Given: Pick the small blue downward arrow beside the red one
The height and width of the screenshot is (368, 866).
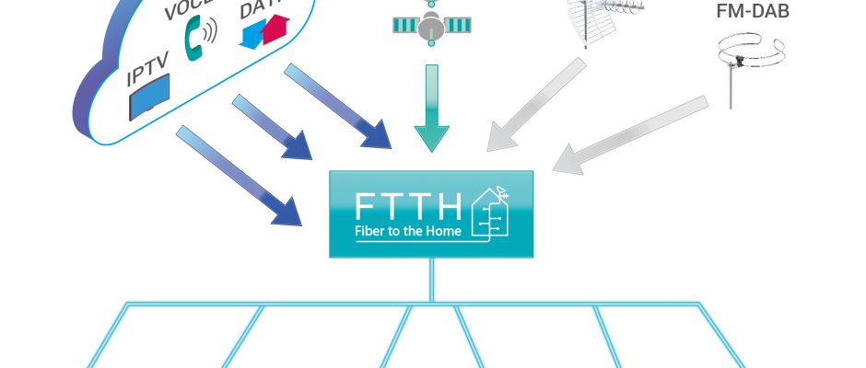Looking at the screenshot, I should pos(252,35).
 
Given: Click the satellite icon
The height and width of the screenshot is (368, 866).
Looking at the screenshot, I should pos(427,25).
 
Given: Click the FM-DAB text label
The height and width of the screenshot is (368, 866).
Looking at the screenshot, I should pos(752,12).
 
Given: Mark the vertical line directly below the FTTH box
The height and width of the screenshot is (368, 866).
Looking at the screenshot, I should pos(430,280).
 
